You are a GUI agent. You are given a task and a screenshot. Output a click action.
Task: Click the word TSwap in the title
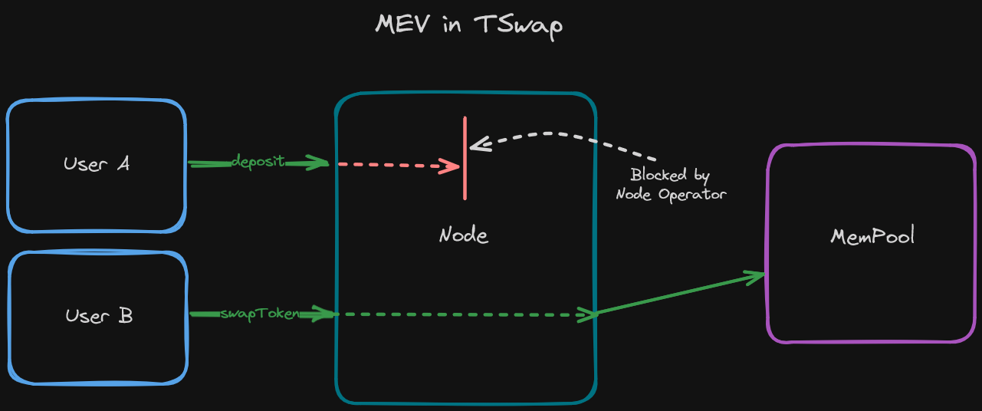tap(519, 25)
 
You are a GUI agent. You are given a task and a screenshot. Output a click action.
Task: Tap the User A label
tap(97, 163)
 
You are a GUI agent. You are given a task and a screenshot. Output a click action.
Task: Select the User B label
tap(99, 315)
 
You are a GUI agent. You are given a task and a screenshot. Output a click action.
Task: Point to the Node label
tap(464, 235)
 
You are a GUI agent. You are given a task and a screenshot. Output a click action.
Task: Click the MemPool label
tap(872, 235)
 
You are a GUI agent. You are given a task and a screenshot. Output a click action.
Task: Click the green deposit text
tap(258, 162)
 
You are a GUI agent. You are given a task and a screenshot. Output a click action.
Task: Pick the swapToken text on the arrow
tap(259, 314)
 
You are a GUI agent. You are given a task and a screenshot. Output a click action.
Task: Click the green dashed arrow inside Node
tap(460, 314)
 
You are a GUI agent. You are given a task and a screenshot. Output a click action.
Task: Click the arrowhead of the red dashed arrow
tap(452, 166)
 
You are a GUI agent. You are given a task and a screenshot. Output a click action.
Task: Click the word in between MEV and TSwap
tap(452, 25)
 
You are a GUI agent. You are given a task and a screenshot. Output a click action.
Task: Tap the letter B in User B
tap(125, 315)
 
